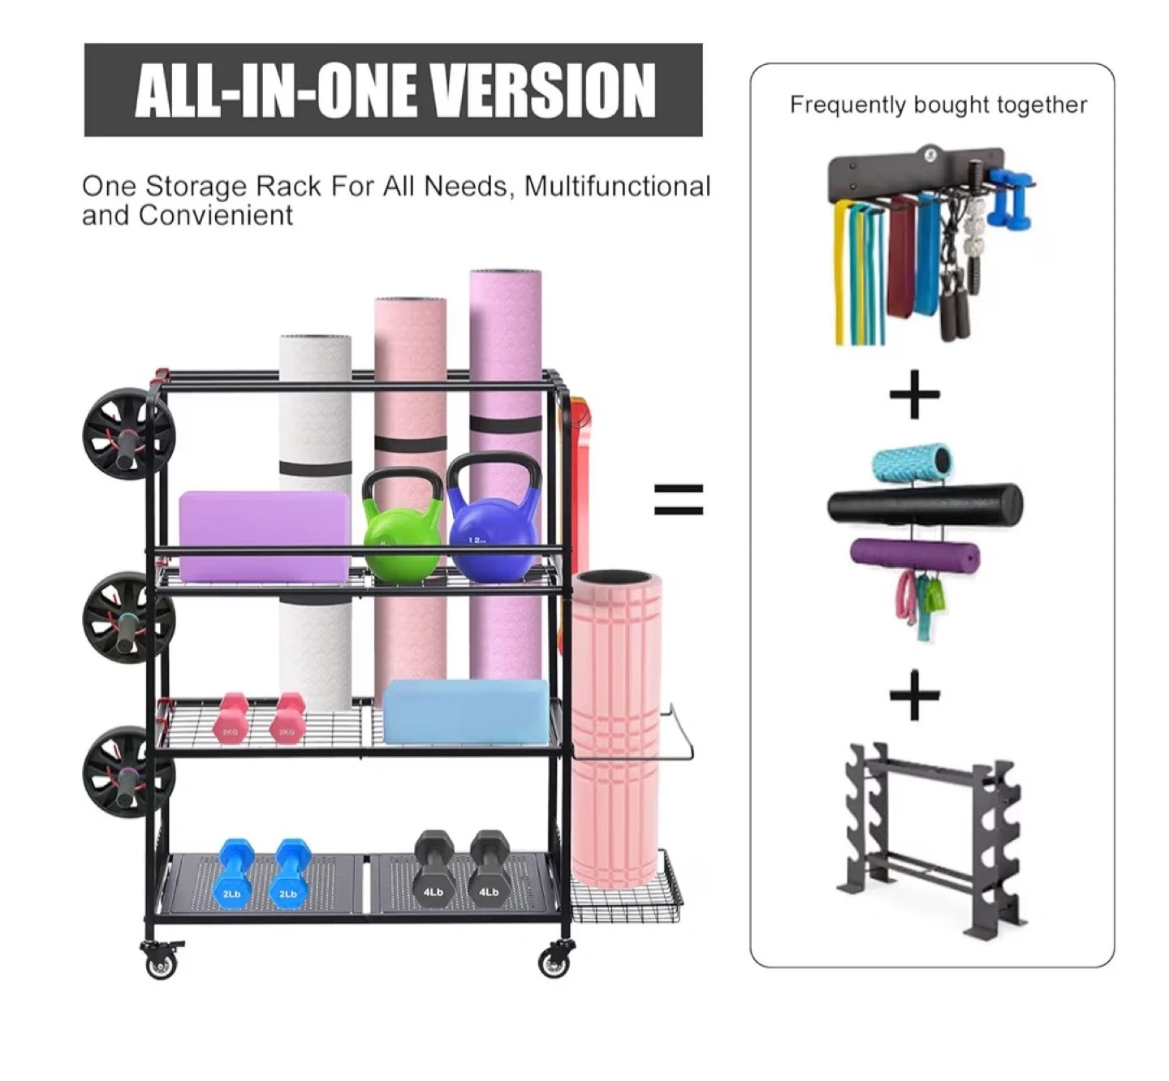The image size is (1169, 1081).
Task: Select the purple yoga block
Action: point(265,536)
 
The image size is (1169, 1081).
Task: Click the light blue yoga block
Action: point(466,712)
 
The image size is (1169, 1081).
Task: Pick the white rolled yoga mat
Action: point(315,518)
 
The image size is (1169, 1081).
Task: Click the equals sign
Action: point(679,500)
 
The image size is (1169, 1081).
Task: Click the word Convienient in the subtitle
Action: point(215,215)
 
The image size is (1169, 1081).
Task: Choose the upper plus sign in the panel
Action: point(914,394)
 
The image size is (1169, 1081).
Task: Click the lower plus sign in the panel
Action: point(914,695)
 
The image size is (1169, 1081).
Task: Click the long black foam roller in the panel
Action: point(925,504)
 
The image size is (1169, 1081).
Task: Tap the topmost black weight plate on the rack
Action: point(127,436)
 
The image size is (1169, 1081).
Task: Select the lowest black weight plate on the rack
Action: point(127,772)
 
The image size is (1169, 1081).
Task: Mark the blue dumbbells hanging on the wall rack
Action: point(1012,197)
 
